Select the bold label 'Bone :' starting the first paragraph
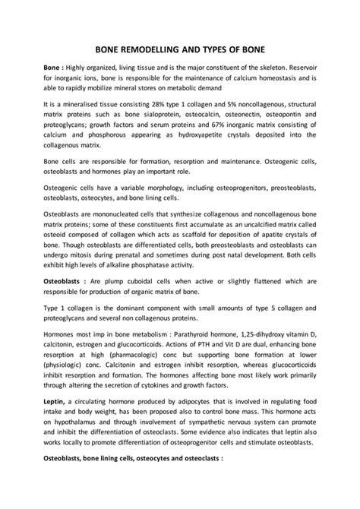55,68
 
